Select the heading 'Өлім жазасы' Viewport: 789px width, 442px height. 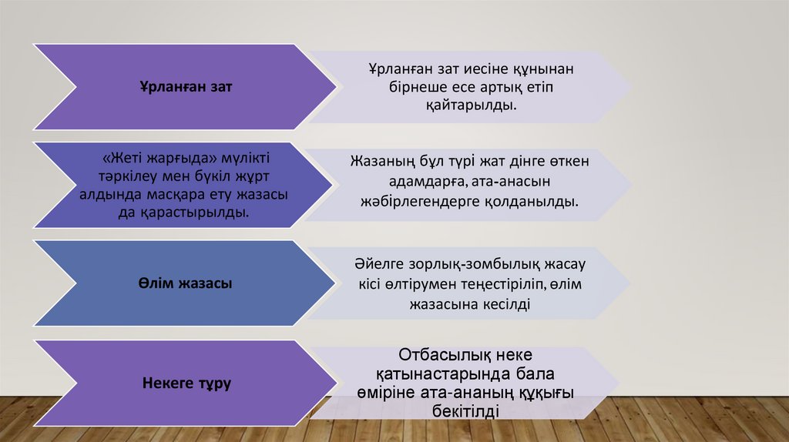[x=186, y=284]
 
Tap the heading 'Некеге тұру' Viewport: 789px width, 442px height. [x=186, y=383]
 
